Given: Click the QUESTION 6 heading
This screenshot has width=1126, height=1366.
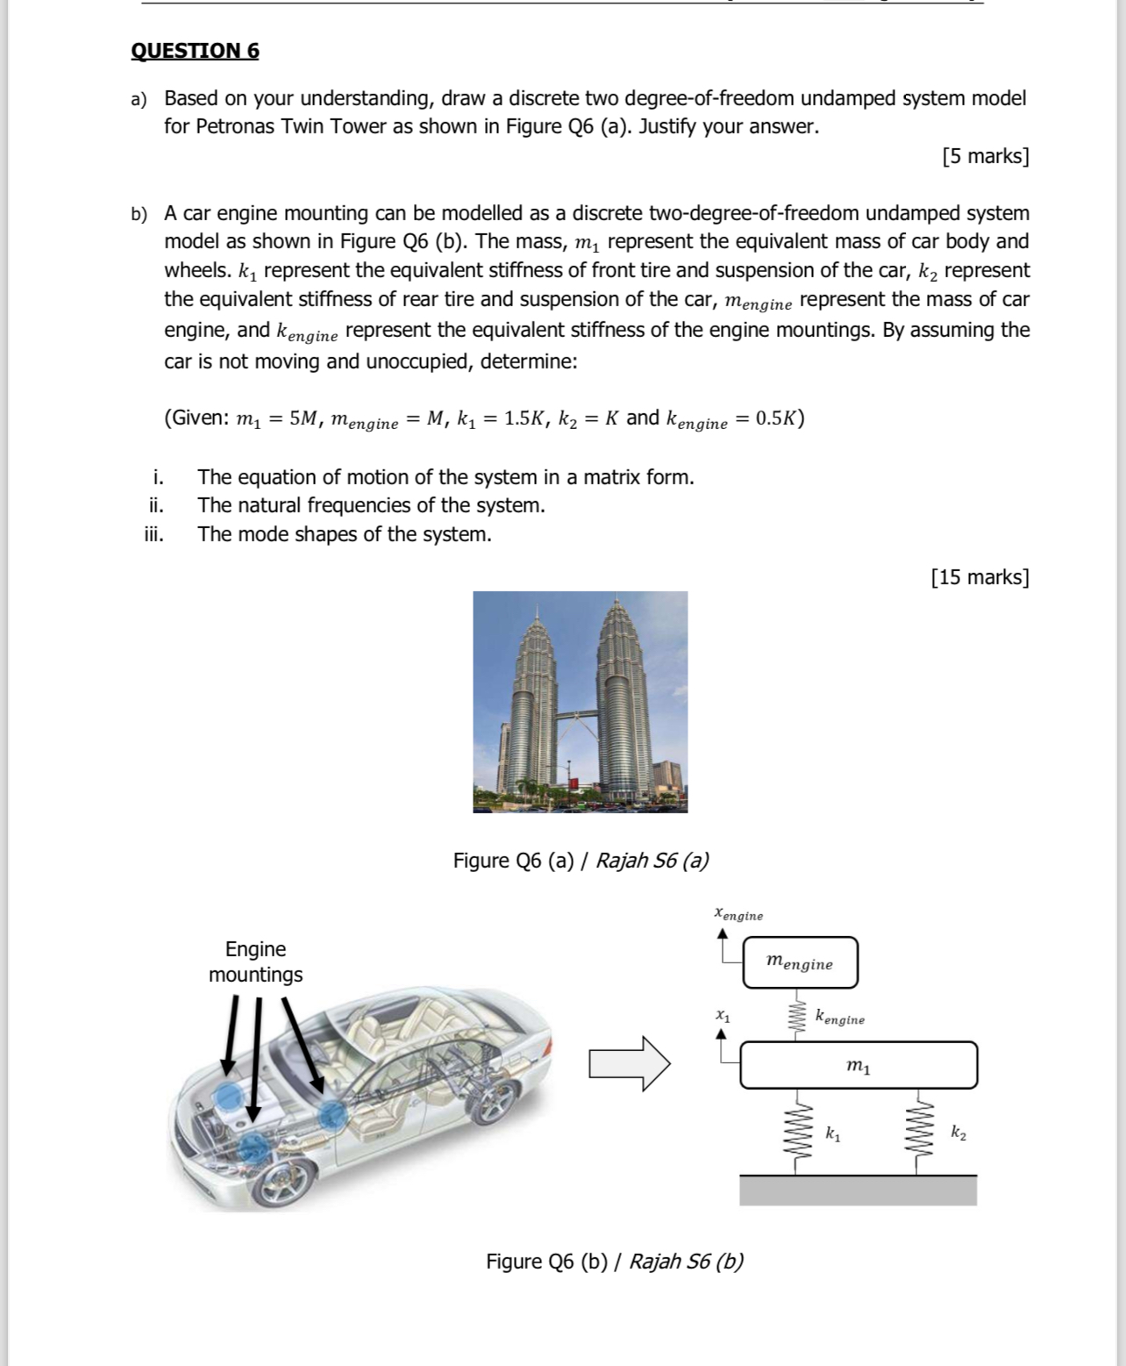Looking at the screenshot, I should [x=195, y=51].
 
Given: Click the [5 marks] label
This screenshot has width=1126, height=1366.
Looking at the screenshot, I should [x=985, y=156].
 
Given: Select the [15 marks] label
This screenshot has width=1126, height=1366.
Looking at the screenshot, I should [x=980, y=576].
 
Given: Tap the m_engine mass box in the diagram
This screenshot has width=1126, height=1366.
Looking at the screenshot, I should [x=800, y=962].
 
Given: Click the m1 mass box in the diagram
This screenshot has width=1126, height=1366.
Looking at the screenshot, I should [x=858, y=1065].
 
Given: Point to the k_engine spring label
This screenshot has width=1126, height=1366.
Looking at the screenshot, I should [x=839, y=1019].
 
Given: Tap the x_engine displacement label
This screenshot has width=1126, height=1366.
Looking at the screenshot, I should [x=738, y=914].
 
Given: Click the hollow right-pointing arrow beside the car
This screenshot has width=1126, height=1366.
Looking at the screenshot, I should [x=629, y=1063].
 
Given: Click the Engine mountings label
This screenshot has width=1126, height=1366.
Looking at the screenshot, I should [x=255, y=962].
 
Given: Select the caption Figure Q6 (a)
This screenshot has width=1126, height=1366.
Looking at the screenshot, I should [x=581, y=860].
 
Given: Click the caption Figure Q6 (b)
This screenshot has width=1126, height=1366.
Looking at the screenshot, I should [x=614, y=1261].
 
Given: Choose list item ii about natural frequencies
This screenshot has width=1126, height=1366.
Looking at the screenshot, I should [x=370, y=505].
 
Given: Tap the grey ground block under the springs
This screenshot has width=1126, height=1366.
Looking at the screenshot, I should [x=857, y=1191].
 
